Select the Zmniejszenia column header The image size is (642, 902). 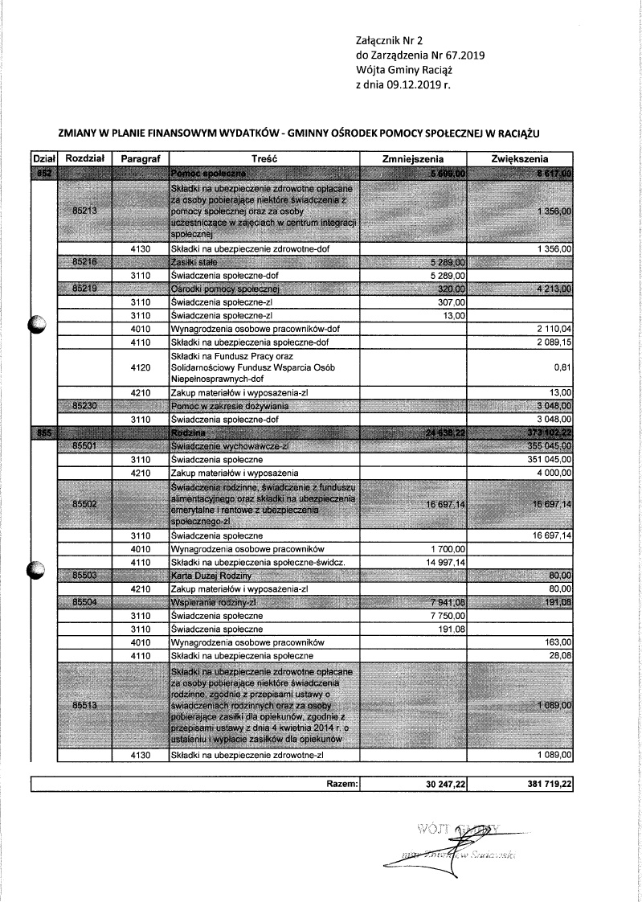pyautogui.click(x=414, y=159)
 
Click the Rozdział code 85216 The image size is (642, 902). pyautogui.click(x=84, y=262)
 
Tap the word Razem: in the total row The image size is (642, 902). pyautogui.click(x=341, y=783)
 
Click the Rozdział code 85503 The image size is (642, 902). pyautogui.click(x=84, y=576)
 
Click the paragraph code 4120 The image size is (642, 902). pyautogui.click(x=141, y=367)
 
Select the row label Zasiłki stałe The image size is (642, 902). pyautogui.click(x=193, y=262)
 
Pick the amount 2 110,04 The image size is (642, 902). pyautogui.click(x=553, y=328)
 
